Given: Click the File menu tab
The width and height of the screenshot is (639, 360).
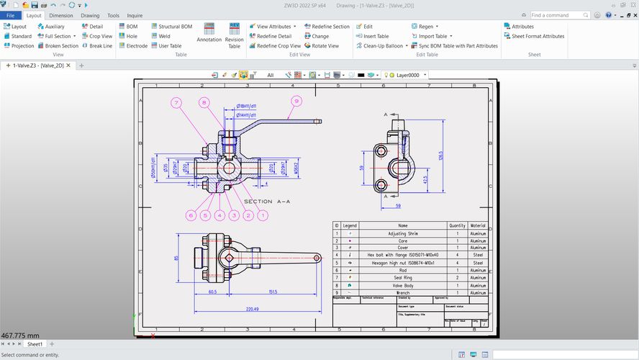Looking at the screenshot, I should click(10, 14).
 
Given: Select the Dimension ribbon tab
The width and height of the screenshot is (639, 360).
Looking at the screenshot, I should click(61, 14).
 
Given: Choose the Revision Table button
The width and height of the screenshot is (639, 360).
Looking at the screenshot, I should click(234, 35).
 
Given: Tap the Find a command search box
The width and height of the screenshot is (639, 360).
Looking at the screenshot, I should click(562, 14).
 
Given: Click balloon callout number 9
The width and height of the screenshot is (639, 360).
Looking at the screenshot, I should click(294, 102).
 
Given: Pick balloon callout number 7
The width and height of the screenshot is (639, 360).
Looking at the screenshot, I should click(176, 102).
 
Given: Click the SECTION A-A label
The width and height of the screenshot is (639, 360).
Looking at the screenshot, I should click(268, 202).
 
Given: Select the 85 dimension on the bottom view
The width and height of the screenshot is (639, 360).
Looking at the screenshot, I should click(176, 257).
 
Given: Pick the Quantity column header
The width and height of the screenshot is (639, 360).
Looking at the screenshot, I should click(457, 225).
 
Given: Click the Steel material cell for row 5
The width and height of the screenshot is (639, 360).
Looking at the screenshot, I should click(478, 263).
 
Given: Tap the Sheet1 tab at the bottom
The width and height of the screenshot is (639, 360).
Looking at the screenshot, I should click(35, 344).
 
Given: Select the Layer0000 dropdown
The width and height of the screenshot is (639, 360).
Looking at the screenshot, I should click(407, 74).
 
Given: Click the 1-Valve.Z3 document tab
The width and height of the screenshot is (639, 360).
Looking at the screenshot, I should click(38, 66).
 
